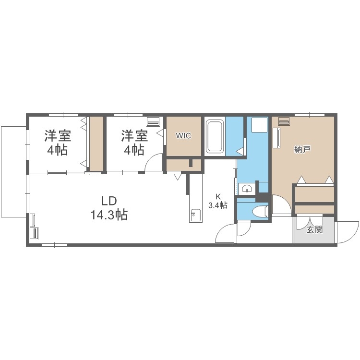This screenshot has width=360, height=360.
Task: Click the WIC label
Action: point(183,136)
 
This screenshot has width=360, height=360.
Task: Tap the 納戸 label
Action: point(303,149)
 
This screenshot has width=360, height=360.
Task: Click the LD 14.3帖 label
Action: point(109,208)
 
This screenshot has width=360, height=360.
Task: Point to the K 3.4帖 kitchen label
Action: point(218,201)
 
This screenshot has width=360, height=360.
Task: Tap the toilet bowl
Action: point(260,210)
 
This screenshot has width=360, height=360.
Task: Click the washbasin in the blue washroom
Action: point(247,188)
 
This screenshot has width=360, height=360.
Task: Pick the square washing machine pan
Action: point(260,125)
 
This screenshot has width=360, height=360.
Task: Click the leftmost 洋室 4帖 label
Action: point(58,143)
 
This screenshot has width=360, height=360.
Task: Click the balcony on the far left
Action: point(14,171)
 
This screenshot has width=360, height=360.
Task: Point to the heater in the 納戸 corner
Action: point(284,121)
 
